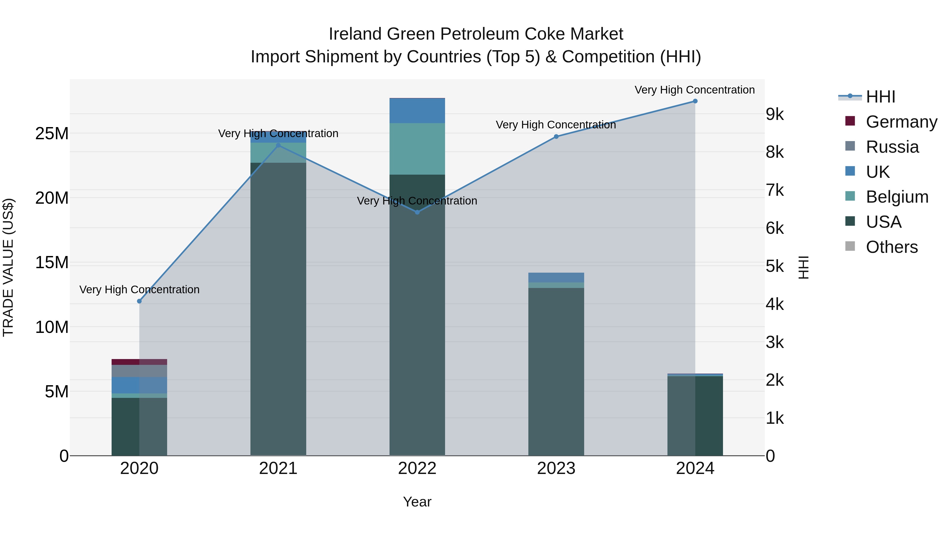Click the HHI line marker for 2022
[417, 212]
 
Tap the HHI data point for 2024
[695, 101]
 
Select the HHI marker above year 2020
[139, 301]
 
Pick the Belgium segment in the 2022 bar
[417, 149]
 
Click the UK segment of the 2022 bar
[417, 111]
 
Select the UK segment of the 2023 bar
[556, 278]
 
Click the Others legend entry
[891, 247]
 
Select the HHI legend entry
[880, 97]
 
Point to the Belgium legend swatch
[850, 196]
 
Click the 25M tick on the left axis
[52, 133]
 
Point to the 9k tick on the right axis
[775, 114]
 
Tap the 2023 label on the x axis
[556, 468]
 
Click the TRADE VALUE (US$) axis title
[8, 267]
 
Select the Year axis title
[417, 502]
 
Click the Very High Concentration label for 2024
[694, 90]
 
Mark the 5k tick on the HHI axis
[775, 266]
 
